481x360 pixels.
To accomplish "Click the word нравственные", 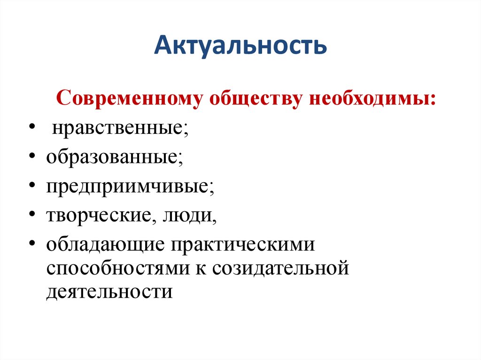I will tap(118, 128).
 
